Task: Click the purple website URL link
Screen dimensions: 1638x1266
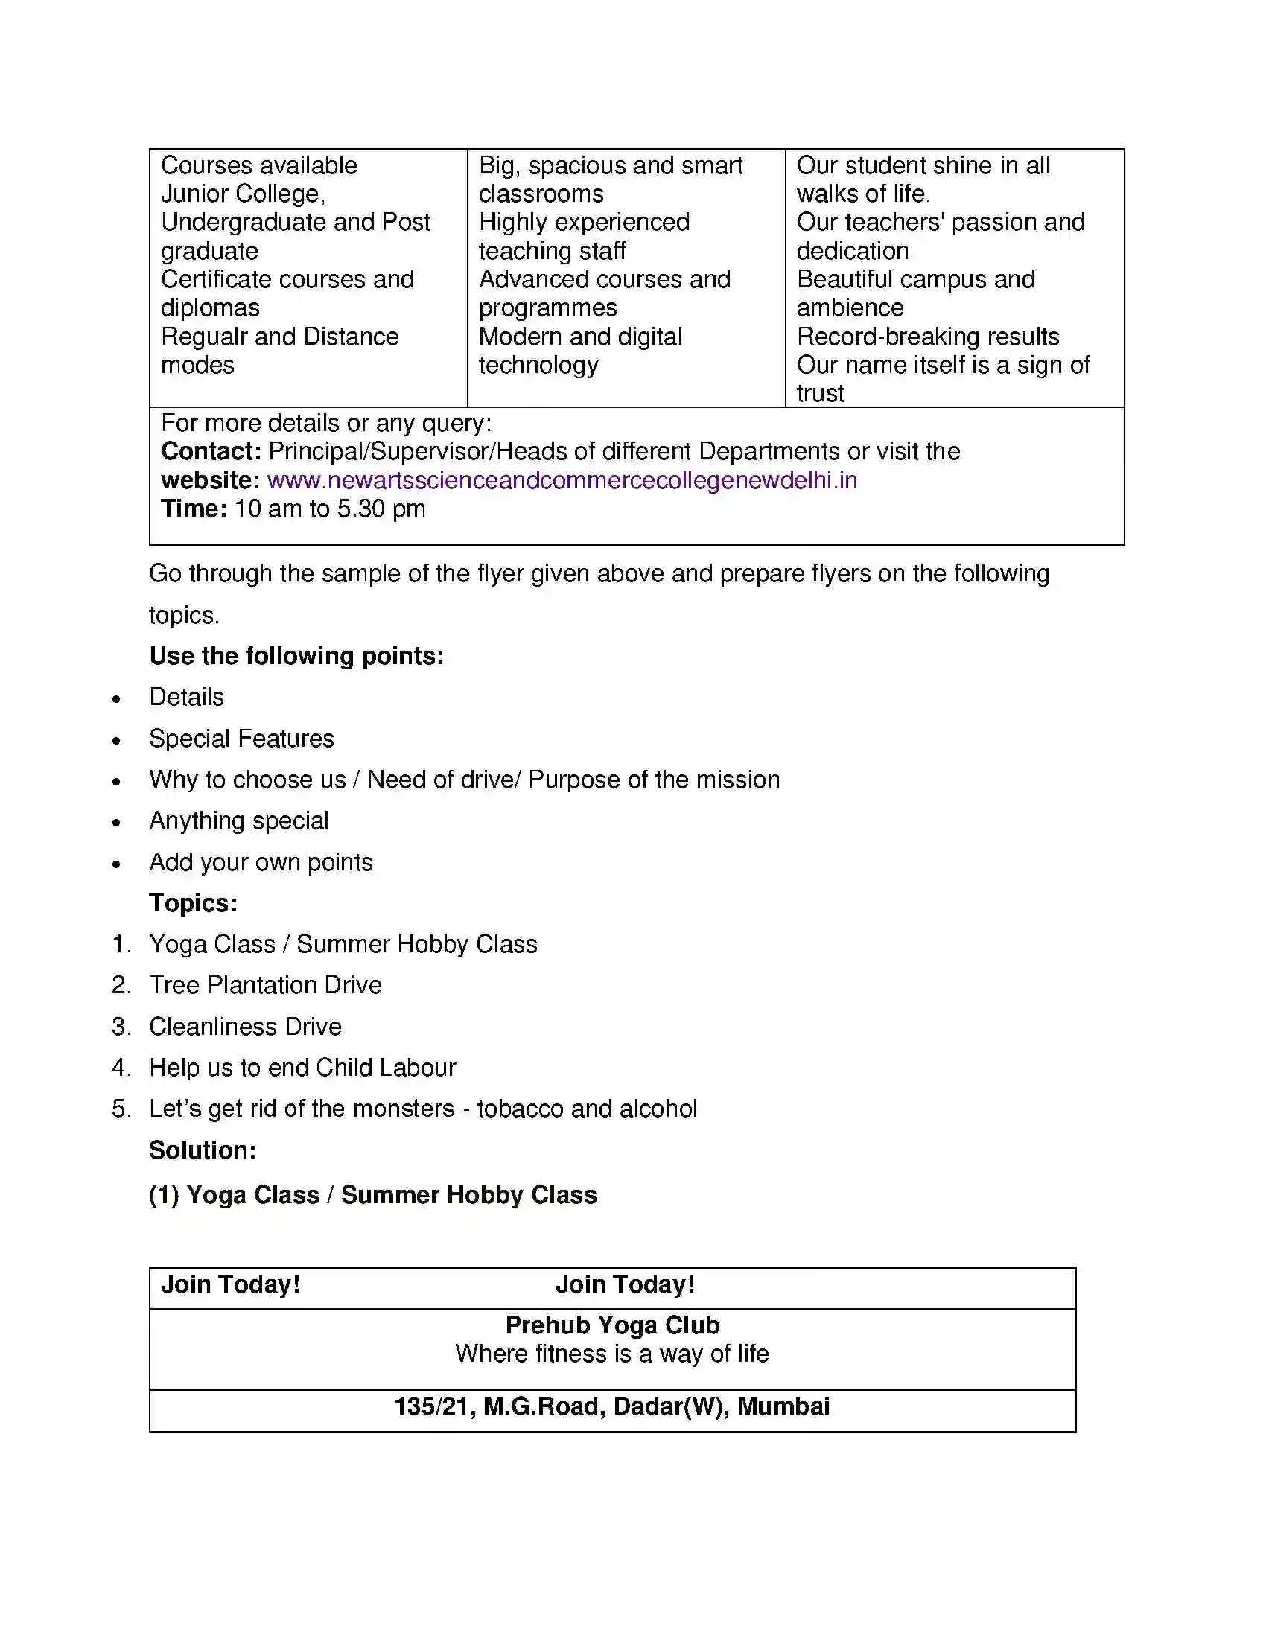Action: (562, 480)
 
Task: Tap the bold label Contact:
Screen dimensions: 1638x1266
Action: (211, 451)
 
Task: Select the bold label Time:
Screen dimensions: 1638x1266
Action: (194, 509)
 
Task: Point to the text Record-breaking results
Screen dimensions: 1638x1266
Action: (928, 337)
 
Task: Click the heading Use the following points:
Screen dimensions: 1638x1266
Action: (296, 655)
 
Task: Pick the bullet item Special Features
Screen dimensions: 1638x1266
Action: (241, 739)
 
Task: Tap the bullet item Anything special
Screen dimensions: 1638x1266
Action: (238, 820)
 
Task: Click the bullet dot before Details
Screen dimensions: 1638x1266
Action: (116, 699)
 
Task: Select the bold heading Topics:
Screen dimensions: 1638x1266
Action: (194, 903)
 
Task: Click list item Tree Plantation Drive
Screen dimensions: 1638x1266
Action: (266, 985)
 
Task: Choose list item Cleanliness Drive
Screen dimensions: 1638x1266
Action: (245, 1026)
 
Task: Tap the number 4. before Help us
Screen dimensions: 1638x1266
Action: (121, 1067)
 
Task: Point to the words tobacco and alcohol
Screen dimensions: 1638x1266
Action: (587, 1109)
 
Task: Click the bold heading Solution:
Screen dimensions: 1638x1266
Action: (203, 1150)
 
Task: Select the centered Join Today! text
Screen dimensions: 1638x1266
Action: (625, 1284)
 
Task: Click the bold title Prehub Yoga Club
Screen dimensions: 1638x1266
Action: (612, 1325)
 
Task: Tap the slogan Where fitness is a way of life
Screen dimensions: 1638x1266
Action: (612, 1354)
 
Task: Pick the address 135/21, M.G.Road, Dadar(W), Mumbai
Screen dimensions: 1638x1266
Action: (612, 1406)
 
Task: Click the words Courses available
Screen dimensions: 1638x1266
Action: (258, 165)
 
